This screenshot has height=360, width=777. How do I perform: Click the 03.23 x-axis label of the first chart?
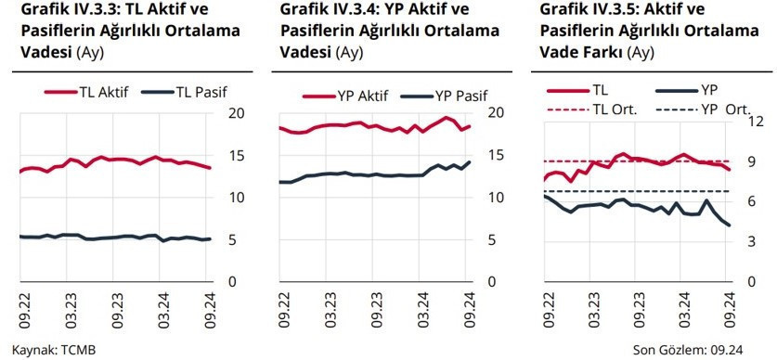pyautogui.click(x=71, y=310)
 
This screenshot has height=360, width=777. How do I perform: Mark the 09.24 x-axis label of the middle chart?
pyautogui.click(x=468, y=310)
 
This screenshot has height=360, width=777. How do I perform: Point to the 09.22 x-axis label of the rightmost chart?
pyautogui.click(x=550, y=310)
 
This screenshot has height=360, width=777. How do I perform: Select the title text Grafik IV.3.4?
pyautogui.click(x=324, y=10)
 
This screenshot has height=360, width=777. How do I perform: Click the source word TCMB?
pyautogui.click(x=77, y=350)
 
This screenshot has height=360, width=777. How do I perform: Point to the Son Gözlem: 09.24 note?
pyautogui.click(x=689, y=350)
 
